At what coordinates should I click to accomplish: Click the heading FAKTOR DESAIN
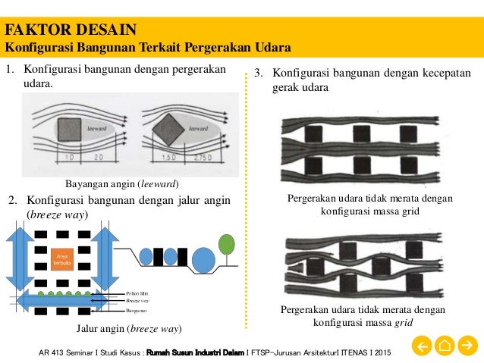71,30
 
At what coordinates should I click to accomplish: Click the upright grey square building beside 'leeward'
68,130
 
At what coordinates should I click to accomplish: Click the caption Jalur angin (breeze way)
128,329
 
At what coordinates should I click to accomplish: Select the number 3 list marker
258,74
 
